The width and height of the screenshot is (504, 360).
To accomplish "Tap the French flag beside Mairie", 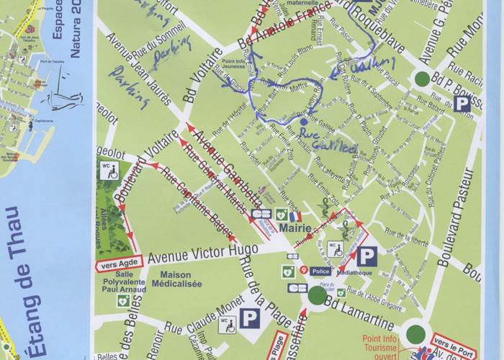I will click(x=294, y=216).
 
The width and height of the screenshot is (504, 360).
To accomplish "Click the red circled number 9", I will click(x=305, y=270).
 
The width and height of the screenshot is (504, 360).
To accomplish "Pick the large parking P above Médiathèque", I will click(x=367, y=256).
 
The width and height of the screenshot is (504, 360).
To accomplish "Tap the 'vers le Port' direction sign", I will click(x=454, y=343).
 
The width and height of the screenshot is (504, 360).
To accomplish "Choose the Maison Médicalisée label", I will click(x=171, y=279).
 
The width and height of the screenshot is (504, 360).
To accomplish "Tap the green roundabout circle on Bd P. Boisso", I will click(x=422, y=78).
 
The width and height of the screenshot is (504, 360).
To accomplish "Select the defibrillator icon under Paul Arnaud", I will click(x=123, y=299).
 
